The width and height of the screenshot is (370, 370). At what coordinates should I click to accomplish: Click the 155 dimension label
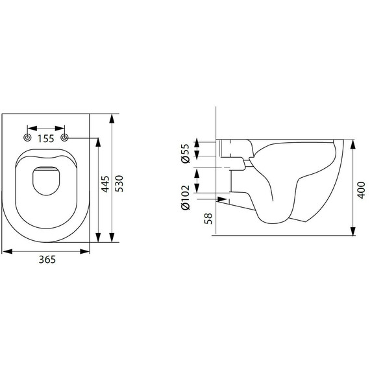click(46, 139)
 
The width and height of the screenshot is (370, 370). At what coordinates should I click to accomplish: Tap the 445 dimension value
click(105, 184)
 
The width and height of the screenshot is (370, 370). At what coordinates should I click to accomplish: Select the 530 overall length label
click(119, 184)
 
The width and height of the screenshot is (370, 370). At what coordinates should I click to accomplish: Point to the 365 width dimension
click(47, 260)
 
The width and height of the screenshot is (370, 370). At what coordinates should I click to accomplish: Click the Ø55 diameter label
click(186, 153)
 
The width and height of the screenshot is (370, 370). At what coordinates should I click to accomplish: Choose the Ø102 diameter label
click(186, 197)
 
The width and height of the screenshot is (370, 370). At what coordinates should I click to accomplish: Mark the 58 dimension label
click(208, 219)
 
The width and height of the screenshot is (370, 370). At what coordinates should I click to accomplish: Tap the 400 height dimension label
click(361, 190)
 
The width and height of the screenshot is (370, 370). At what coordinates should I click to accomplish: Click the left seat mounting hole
click(28, 138)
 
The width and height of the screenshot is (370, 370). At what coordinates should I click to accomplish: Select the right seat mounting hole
click(64, 138)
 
